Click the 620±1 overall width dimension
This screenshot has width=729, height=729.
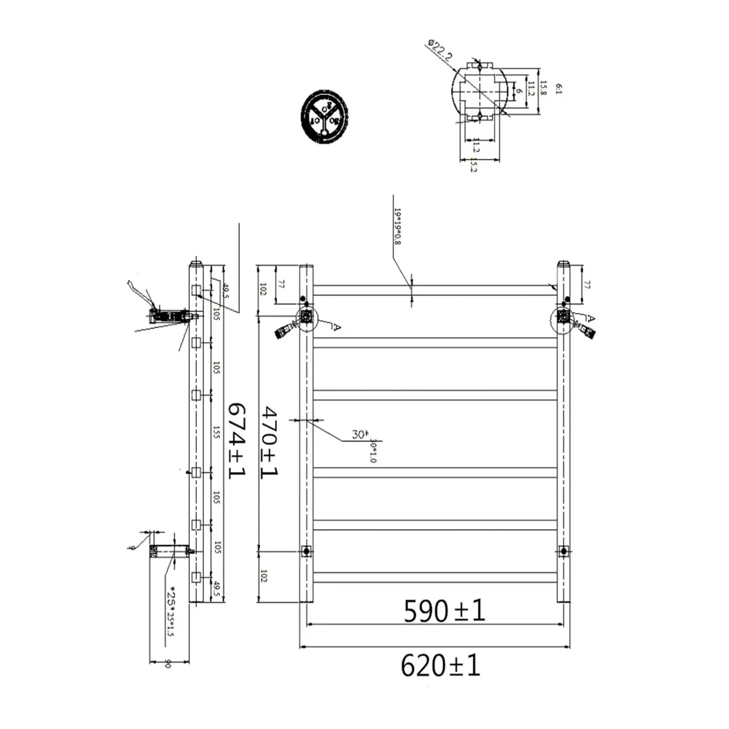440,666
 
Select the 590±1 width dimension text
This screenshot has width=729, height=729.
444,611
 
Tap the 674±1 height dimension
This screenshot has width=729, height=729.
236,440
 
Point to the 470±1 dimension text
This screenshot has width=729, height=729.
269,442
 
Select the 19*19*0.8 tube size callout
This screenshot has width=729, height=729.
398,226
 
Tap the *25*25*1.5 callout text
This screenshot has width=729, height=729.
171,612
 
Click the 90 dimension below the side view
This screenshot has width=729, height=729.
168,663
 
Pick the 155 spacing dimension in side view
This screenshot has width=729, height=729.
217,432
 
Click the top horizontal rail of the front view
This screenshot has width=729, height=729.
434,291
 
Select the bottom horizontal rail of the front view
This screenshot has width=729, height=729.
434,577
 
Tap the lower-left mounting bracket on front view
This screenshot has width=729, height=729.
306,551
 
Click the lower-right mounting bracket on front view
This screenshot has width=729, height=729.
563,551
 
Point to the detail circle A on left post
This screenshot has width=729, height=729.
306,318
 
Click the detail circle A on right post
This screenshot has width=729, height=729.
563,318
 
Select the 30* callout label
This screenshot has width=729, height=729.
360,434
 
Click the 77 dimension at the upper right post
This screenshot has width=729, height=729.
587,285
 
